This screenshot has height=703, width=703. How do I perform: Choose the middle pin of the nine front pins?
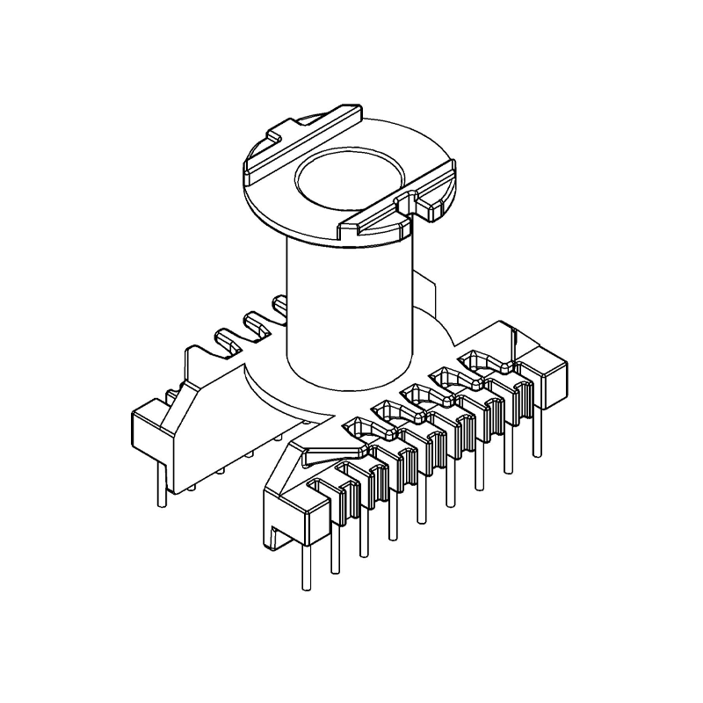point(421,502)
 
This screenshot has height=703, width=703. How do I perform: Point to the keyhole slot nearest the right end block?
point(480,359)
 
